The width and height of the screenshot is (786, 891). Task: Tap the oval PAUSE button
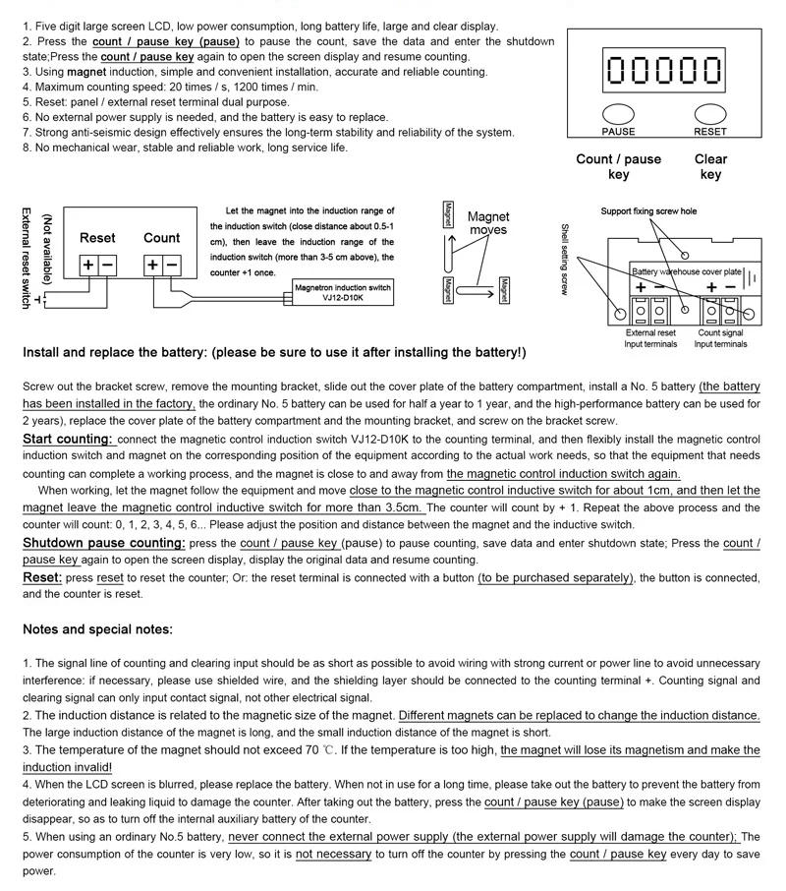(618, 115)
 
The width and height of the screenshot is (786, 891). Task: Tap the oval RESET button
(709, 115)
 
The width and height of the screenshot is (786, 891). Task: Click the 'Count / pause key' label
(618, 166)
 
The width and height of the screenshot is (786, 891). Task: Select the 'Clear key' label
(710, 166)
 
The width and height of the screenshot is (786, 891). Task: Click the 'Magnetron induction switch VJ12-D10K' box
(343, 292)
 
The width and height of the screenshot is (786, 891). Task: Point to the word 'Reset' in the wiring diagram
(97, 238)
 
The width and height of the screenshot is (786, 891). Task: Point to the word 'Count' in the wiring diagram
(161, 238)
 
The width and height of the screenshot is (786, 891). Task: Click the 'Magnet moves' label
(488, 223)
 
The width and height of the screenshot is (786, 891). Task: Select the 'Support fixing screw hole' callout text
(648, 211)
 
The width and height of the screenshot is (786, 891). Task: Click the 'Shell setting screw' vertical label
(564, 259)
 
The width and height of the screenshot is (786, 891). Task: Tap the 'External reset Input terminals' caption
(650, 338)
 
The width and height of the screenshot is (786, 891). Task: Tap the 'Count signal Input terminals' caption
(721, 338)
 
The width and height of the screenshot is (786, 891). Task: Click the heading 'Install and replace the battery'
(274, 352)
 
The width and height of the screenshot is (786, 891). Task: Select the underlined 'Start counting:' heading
(68, 439)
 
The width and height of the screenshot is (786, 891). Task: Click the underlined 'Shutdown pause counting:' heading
(104, 543)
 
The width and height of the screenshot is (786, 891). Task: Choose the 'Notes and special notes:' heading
(98, 629)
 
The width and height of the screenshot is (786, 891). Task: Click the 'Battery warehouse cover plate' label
(686, 271)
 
